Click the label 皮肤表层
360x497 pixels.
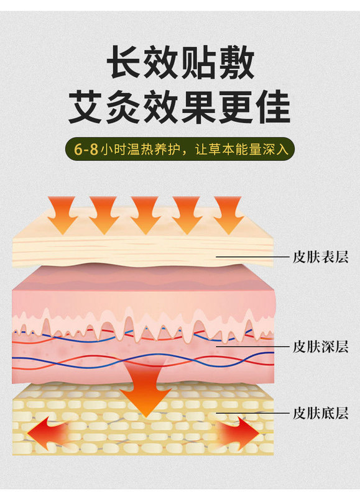click(x=320, y=257)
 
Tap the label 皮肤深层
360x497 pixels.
click(x=320, y=347)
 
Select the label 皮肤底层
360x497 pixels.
click(x=320, y=413)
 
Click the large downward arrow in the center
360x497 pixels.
click(x=145, y=390)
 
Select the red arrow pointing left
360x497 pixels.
click(x=48, y=432)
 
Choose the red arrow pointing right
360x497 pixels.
click(x=239, y=432)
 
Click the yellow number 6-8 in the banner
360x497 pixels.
click(x=86, y=149)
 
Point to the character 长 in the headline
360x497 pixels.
click(x=124, y=62)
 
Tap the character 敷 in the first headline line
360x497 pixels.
click(x=236, y=62)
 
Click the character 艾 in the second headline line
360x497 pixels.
click(x=86, y=107)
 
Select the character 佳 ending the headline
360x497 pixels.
click(x=273, y=107)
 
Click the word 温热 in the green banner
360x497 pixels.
click(x=141, y=150)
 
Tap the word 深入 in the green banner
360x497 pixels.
click(x=275, y=150)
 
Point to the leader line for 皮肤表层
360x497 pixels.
click(x=253, y=257)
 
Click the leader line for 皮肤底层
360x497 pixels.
click(x=253, y=413)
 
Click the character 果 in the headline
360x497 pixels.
click(x=198, y=107)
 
